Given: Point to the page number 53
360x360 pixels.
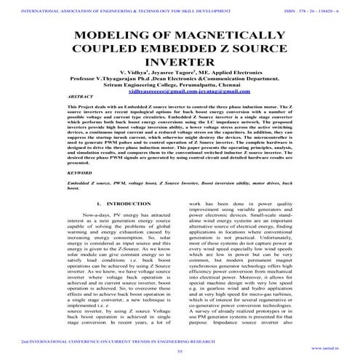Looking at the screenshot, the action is [180, 352].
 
